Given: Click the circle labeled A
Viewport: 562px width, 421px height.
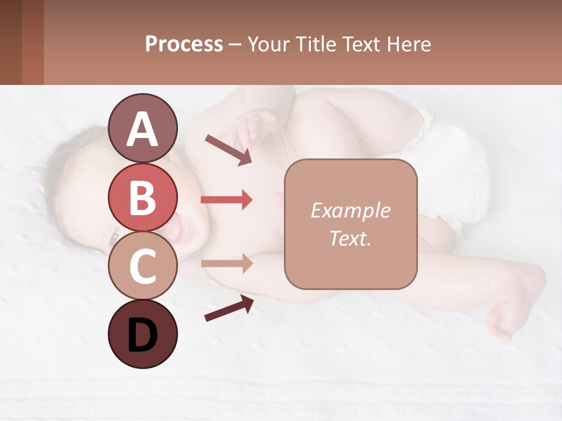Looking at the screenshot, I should [142, 129].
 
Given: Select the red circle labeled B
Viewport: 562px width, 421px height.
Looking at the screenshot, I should [142, 198].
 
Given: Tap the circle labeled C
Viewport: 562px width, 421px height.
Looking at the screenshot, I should [142, 265].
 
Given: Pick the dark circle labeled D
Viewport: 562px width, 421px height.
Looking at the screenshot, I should [142, 334].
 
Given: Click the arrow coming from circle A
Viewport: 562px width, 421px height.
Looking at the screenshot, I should [228, 150].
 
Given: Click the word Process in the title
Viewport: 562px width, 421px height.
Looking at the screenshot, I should [184, 44].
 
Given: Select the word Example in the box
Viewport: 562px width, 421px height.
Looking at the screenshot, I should [350, 210].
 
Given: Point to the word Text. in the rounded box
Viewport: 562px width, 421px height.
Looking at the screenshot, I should [350, 238].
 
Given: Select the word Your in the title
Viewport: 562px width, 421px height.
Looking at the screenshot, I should [268, 44].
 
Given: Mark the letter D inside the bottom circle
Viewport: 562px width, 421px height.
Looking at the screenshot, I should [142, 335].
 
